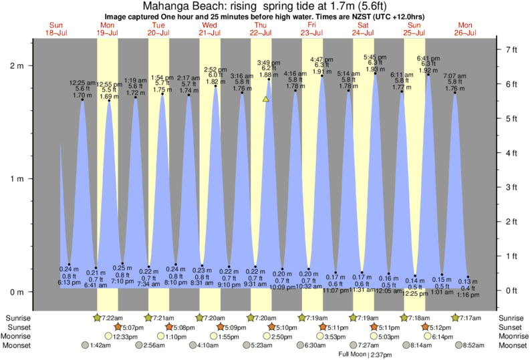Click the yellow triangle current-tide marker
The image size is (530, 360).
coord(266,99)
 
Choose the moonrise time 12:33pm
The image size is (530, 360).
coord(125,337)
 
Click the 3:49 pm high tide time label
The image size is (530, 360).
coord(268,62)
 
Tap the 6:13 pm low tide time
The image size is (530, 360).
coord(70,283)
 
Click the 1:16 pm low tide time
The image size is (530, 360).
coord(469,294)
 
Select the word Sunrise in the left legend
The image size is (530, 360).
coord(18,317)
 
